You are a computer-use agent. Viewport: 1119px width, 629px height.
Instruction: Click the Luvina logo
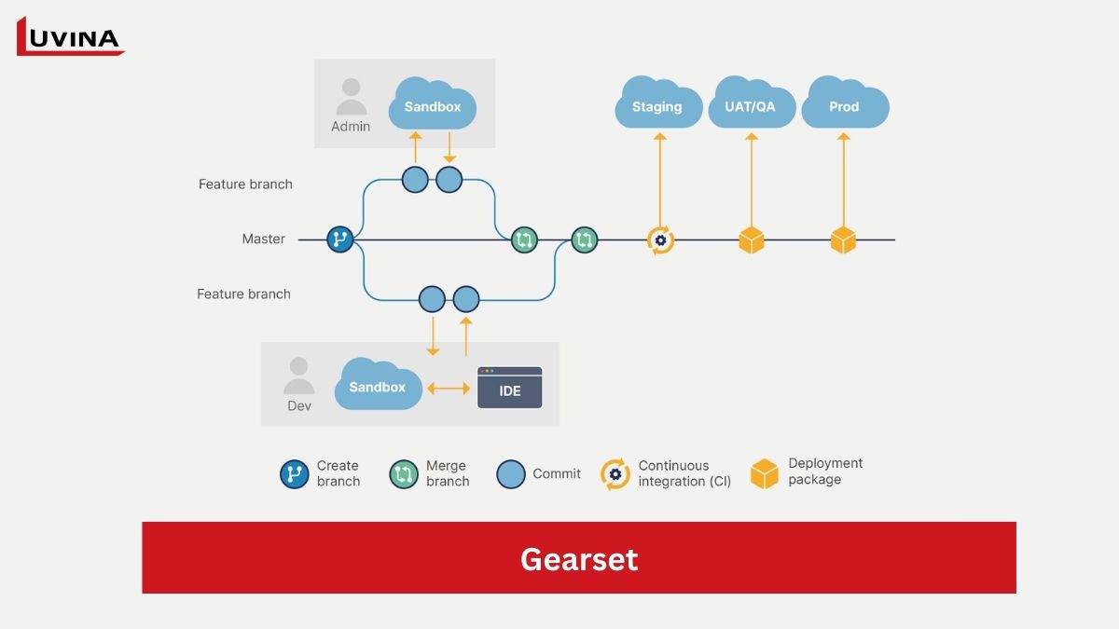pos(70,37)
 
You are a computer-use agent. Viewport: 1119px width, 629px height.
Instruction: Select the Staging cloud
pos(657,105)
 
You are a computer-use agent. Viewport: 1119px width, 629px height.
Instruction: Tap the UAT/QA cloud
pos(751,105)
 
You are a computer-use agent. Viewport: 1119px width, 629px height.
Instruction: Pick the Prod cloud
pos(844,105)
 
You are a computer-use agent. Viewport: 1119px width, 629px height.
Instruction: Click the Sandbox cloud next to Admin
pos(433,105)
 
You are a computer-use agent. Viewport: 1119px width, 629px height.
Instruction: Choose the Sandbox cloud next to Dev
pos(378,385)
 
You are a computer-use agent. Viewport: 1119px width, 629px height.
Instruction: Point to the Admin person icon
pos(351,96)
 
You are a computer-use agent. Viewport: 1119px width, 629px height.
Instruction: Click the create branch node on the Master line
pos(340,239)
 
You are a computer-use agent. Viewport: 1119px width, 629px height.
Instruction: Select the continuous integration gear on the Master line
pos(660,239)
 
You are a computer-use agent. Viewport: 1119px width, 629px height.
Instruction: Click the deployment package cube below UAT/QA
pos(751,239)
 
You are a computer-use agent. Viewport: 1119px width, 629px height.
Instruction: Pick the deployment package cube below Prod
pos(843,239)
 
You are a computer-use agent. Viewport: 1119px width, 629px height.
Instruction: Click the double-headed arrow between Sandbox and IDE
pos(449,388)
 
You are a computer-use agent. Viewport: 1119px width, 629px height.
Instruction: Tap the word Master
pos(263,239)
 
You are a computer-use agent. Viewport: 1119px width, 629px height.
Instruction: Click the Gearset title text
pos(579,558)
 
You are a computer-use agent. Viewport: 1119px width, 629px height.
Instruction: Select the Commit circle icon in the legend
pos(511,474)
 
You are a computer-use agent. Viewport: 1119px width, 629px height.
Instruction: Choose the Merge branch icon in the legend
pos(404,474)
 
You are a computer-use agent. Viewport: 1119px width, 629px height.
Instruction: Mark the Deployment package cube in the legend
pos(765,473)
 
